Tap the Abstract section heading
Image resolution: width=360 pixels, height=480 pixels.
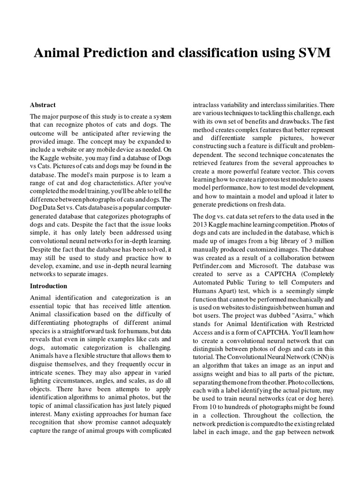(x=43, y=105)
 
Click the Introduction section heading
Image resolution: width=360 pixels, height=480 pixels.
(x=49, y=285)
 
